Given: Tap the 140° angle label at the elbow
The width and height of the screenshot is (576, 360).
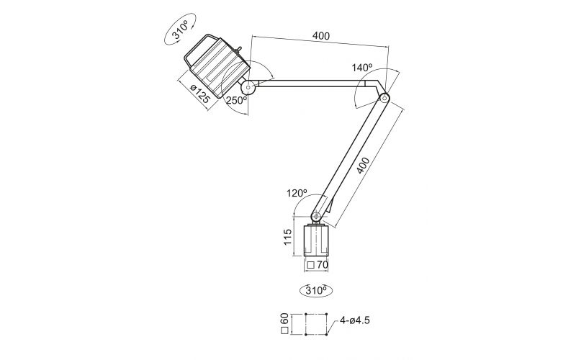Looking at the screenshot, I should (x=362, y=67).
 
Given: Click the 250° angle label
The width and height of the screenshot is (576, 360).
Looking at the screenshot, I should (x=236, y=101).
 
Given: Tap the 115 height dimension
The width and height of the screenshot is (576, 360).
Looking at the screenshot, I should (x=288, y=238).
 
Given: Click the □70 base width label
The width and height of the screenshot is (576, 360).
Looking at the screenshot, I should (x=317, y=266).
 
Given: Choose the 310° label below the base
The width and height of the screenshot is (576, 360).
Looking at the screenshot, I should (x=317, y=291).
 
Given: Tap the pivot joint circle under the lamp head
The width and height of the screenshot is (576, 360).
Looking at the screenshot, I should (x=249, y=89).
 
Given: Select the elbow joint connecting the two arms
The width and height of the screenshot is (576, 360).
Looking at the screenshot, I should (x=384, y=97).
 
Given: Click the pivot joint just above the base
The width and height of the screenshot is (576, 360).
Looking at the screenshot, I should (x=317, y=215).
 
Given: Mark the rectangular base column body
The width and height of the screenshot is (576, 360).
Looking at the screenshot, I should (x=317, y=241).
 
